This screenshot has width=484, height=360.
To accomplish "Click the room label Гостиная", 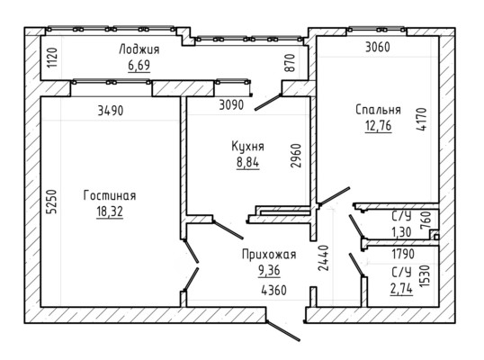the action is click(x=110, y=195).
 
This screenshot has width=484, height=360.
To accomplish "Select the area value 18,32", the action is click(x=110, y=211).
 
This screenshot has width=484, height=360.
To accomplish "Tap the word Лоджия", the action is click(x=139, y=49).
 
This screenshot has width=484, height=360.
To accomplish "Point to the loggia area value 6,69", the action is click(x=139, y=65).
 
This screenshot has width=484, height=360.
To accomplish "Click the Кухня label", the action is click(x=248, y=147).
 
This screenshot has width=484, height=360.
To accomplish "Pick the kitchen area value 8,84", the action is click(x=248, y=162).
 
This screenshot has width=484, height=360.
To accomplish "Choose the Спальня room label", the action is click(x=378, y=110).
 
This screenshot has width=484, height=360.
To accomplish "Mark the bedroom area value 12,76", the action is click(x=378, y=126).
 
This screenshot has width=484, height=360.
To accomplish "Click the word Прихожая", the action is click(x=269, y=255).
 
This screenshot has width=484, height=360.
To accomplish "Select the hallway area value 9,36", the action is click(x=269, y=271).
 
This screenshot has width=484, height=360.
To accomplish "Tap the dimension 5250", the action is click(x=52, y=202).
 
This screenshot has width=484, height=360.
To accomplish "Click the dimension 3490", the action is click(x=111, y=111).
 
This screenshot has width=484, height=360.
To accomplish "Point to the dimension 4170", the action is click(x=422, y=119).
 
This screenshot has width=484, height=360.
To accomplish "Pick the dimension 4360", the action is click(x=273, y=290).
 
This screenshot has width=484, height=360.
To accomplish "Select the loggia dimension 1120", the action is click(x=52, y=58).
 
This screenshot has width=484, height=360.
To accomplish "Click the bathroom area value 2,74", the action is click(x=401, y=289).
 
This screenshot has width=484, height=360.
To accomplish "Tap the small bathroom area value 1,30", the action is click(x=401, y=232).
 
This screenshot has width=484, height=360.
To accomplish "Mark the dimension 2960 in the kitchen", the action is click(x=295, y=156).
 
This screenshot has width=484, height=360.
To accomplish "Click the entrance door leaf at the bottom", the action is click(x=282, y=330).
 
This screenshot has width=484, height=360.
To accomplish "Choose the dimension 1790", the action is click(x=403, y=254).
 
